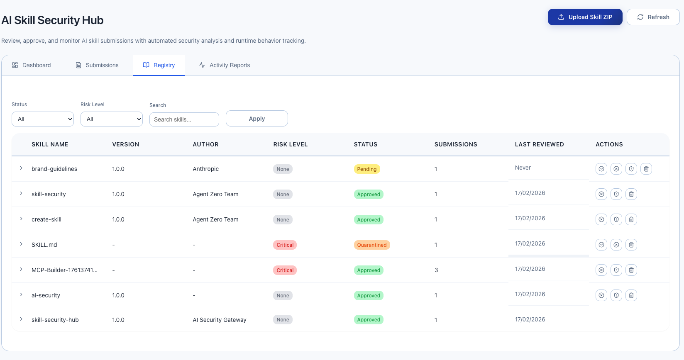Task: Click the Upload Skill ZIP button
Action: tap(585, 17)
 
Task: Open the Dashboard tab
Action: tap(32, 65)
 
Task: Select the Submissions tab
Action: tap(97, 65)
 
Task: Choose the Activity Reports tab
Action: tap(225, 65)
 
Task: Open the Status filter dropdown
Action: tap(43, 119)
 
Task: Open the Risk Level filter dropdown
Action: tap(112, 119)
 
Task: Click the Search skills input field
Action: tap(184, 119)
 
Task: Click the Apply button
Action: tap(256, 119)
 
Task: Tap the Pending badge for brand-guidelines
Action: tap(367, 169)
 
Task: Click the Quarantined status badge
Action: tap(371, 245)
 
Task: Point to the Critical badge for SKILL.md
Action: tap(285, 245)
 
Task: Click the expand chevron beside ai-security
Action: tap(21, 295)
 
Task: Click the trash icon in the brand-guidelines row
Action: tap(646, 169)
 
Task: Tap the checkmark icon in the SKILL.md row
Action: tap(601, 245)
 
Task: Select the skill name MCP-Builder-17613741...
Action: tap(64, 270)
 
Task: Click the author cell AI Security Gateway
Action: tap(219, 320)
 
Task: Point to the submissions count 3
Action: tap(436, 270)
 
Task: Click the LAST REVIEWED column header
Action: tap(539, 144)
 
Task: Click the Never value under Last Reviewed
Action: tap(523, 168)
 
